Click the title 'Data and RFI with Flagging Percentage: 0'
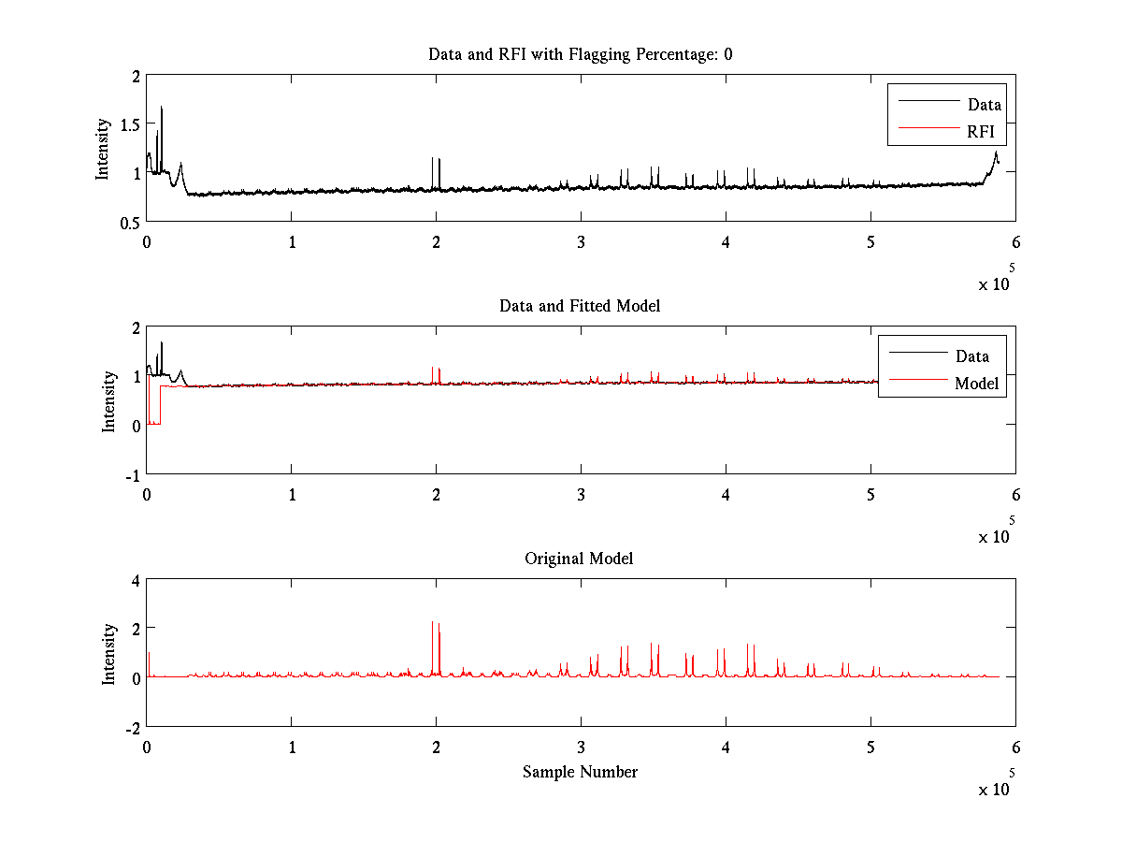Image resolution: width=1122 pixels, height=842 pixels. click(x=580, y=54)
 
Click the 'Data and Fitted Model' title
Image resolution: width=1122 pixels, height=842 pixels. click(x=580, y=306)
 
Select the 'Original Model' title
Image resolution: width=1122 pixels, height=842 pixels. click(x=579, y=559)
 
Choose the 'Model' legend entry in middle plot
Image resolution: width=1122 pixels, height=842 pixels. click(x=976, y=383)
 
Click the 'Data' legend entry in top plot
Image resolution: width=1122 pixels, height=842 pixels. click(x=984, y=104)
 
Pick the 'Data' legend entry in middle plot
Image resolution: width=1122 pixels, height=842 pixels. click(x=971, y=356)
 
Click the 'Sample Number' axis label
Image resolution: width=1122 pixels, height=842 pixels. click(x=580, y=772)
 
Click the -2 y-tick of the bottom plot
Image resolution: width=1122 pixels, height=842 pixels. click(x=132, y=727)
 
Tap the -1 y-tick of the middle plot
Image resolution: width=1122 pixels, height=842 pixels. click(x=132, y=474)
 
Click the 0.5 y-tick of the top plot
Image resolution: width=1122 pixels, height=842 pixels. click(x=128, y=222)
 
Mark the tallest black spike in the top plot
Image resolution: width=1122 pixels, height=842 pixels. click(x=162, y=108)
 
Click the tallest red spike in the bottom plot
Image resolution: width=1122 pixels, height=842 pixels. click(x=432, y=622)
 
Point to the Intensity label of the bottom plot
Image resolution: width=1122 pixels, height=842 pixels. click(x=108, y=654)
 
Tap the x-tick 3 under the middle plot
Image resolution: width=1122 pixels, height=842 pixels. click(x=581, y=494)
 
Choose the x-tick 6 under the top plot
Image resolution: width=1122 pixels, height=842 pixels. click(x=1015, y=241)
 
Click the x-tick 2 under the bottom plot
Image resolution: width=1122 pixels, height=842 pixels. click(x=436, y=747)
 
